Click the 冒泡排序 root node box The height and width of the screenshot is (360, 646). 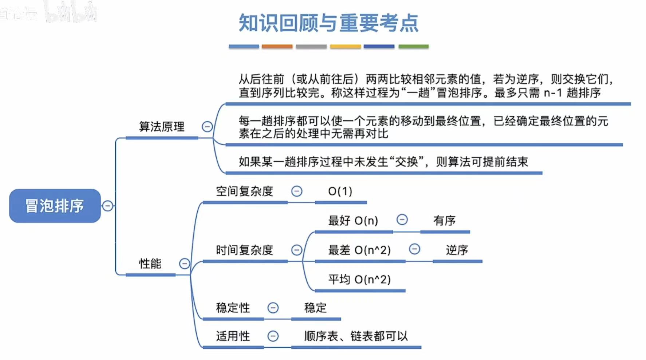[55, 206]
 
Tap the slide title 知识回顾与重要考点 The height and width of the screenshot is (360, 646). [328, 23]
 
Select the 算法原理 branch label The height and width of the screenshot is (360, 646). [162, 127]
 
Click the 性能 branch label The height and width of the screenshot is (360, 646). [150, 264]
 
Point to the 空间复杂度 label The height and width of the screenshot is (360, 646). [244, 191]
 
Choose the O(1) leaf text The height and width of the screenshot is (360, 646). [340, 191]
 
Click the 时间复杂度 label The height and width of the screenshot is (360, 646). [244, 250]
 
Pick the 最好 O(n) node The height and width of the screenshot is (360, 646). [353, 221]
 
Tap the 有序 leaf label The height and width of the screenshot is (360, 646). [444, 221]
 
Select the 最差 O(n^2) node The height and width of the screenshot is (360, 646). [359, 250]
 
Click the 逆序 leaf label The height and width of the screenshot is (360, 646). [457, 250]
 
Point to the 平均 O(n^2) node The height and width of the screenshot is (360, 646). [359, 280]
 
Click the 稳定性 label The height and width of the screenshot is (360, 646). [233, 308]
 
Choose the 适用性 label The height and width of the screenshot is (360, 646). [233, 336]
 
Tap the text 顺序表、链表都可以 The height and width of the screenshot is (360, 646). [356, 336]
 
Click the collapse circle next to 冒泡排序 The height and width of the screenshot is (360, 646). [107, 206]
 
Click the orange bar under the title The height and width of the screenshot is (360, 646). [277, 46]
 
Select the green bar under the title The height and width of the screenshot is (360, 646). [413, 46]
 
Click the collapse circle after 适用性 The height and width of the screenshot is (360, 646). [273, 336]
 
